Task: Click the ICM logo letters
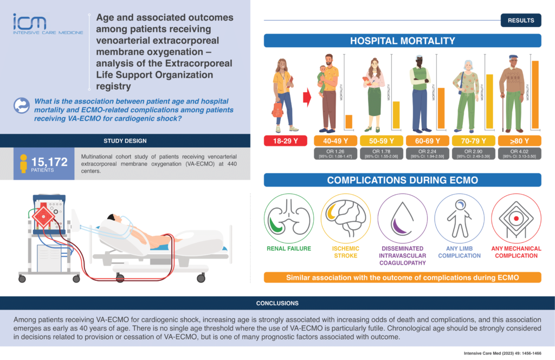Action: coord(30,22)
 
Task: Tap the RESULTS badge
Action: coord(521,21)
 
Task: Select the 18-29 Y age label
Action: coord(284,141)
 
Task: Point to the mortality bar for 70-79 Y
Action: coord(489,101)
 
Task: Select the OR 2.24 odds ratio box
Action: coord(424,153)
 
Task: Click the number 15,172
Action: coord(50,160)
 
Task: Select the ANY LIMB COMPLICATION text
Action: coord(459,252)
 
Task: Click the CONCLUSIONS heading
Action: coord(277,303)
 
